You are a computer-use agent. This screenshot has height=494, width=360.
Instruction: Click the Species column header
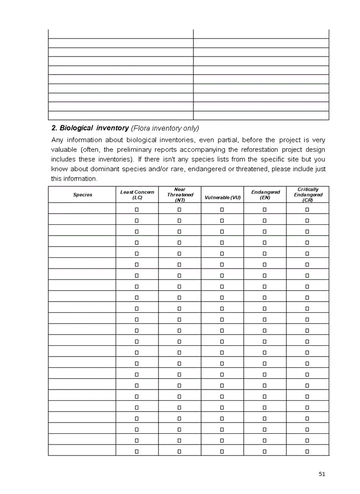click(82, 195)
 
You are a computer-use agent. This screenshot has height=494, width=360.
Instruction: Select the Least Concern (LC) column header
click(137, 195)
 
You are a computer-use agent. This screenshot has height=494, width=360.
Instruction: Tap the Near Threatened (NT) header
click(179, 195)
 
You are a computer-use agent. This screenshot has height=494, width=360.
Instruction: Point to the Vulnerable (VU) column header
click(222, 198)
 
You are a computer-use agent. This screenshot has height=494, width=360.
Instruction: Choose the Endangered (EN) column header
click(265, 195)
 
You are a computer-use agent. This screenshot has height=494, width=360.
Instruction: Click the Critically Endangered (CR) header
click(308, 195)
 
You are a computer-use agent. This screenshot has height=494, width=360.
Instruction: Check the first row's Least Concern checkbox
click(137, 209)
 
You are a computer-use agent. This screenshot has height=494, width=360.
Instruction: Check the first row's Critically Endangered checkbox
click(308, 209)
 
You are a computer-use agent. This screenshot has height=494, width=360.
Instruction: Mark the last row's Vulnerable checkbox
click(222, 451)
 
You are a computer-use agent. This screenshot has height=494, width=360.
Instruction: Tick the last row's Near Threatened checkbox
click(179, 451)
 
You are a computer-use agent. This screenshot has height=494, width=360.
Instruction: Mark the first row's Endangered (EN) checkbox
click(265, 209)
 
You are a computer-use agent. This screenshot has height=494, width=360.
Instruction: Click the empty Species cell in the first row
click(82, 209)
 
